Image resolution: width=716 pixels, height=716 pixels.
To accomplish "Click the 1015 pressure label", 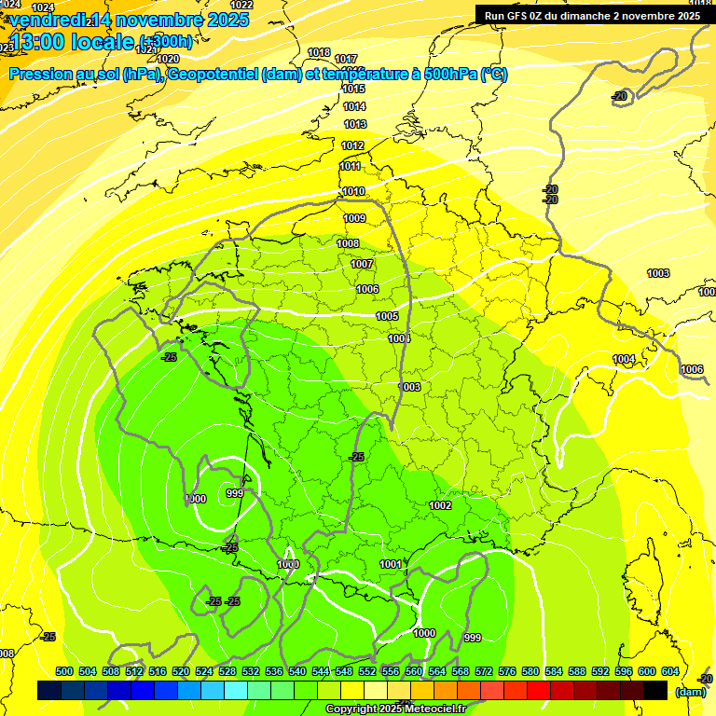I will tap(353, 89).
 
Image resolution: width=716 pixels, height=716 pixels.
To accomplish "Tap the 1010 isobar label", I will tap(353, 191).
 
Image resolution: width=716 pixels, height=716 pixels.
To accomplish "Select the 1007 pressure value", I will tap(362, 264).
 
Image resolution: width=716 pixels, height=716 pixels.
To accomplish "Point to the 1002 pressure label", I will tap(440, 505).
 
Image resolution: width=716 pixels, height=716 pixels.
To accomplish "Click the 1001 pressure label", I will tap(392, 564).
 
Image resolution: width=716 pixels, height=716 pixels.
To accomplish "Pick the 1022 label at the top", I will tap(241, 5).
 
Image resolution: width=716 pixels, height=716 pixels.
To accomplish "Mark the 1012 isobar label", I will tap(352, 145).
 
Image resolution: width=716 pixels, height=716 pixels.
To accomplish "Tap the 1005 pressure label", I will tap(388, 316).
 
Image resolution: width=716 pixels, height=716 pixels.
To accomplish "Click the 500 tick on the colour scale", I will tap(64, 671).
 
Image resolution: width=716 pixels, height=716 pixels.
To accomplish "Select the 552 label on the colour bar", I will tap(367, 671).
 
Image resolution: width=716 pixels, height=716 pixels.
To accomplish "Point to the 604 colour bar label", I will tap(670, 671).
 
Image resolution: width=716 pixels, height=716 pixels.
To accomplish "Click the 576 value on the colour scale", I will tap(507, 671).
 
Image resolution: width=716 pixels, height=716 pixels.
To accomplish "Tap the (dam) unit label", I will tap(690, 692).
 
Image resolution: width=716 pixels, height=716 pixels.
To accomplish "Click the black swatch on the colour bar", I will tap(655, 690).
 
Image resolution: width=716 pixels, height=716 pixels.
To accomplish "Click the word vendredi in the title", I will tap(47, 20).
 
